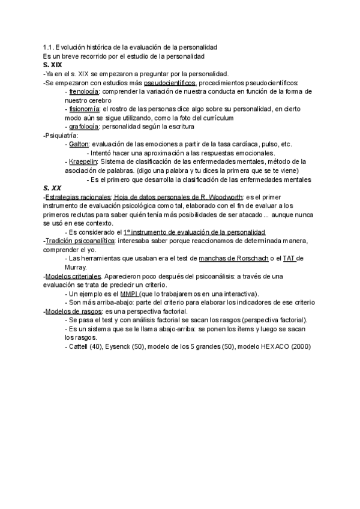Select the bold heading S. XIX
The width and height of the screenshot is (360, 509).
pyautogui.click(x=52, y=65)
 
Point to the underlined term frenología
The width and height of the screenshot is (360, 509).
pyautogui.click(x=85, y=91)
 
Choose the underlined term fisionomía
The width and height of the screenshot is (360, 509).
pyautogui.click(x=86, y=109)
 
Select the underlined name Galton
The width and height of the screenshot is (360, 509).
pyautogui.click(x=79, y=144)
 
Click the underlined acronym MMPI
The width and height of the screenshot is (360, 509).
pyautogui.click(x=129, y=294)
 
